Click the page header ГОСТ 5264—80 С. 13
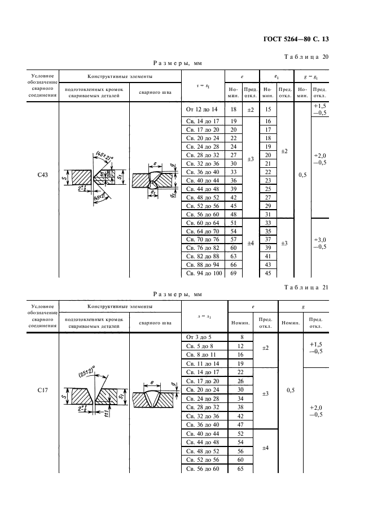(x=295, y=40)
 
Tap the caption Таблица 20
(x=304, y=57)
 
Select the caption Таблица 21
(x=304, y=288)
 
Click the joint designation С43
(x=41, y=175)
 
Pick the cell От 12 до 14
(x=201, y=109)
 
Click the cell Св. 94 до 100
(x=203, y=274)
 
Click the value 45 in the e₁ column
(x=268, y=274)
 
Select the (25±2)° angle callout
(x=86, y=372)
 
